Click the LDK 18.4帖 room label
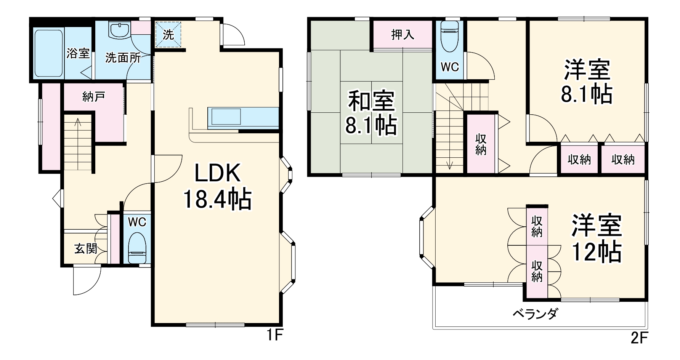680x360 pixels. click(217, 187)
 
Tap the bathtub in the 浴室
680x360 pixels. click(48, 53)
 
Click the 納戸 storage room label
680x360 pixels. click(94, 97)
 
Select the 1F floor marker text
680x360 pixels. click(274, 336)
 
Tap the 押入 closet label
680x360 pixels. click(403, 35)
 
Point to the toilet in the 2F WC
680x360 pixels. click(449, 36)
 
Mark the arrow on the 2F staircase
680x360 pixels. click(450, 164)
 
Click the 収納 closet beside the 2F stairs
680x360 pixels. click(481, 144)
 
